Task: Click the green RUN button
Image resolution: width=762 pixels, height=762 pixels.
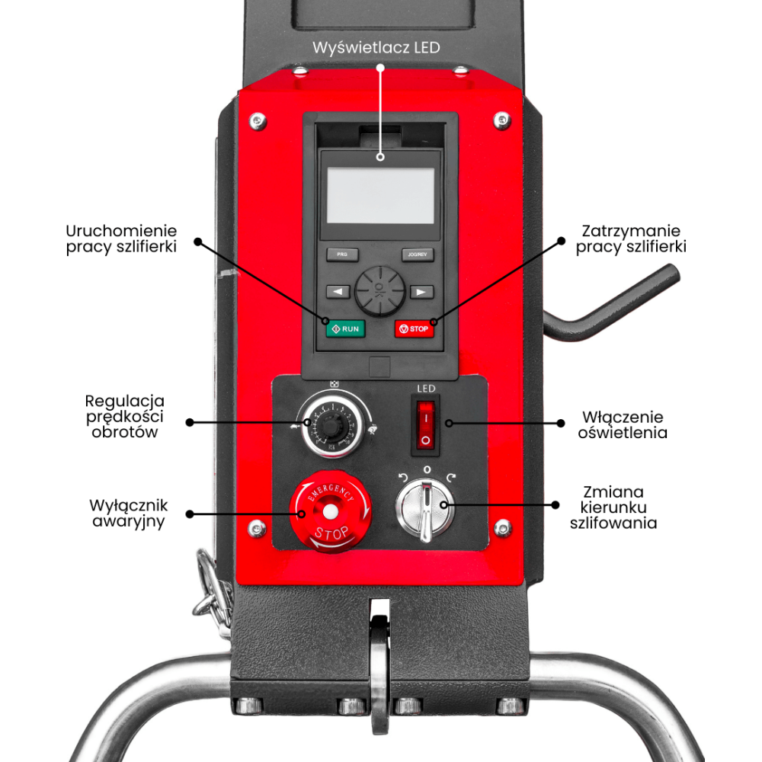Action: click(x=345, y=328)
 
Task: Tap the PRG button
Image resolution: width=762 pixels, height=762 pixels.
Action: click(x=342, y=255)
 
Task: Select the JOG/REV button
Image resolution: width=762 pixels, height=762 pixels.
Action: click(x=418, y=255)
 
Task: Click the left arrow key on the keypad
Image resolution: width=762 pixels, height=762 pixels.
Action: click(x=338, y=291)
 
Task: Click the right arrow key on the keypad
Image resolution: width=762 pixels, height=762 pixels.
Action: click(x=421, y=291)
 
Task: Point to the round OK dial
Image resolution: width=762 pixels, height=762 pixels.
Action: click(x=379, y=290)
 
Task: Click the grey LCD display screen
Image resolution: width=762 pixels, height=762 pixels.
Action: click(x=380, y=196)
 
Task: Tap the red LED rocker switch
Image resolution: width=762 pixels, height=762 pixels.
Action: click(x=425, y=425)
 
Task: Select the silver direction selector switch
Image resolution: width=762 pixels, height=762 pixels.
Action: click(x=425, y=507)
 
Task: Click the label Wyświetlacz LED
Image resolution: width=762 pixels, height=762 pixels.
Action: click(x=376, y=47)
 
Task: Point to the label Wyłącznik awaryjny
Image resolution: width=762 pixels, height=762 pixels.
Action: click(x=128, y=514)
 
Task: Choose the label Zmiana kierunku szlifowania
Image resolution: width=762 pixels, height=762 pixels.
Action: click(x=613, y=507)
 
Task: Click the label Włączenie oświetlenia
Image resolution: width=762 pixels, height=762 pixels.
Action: click(x=623, y=425)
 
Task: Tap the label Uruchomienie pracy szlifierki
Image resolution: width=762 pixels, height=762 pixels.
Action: click(x=121, y=239)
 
